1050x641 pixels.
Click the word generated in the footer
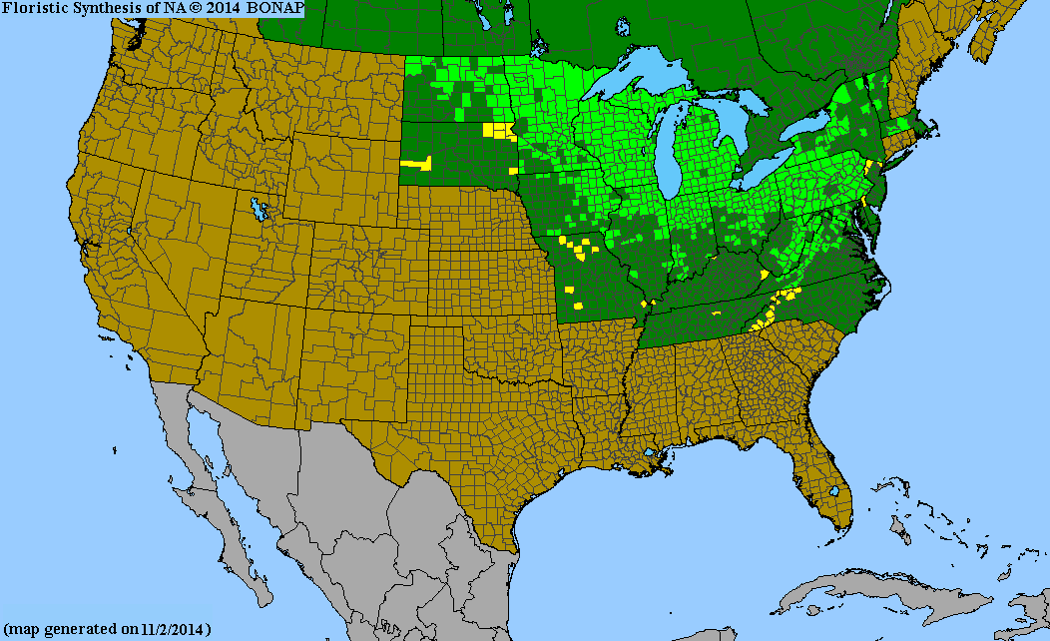pos(86,629)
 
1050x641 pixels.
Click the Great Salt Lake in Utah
pos(261,210)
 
